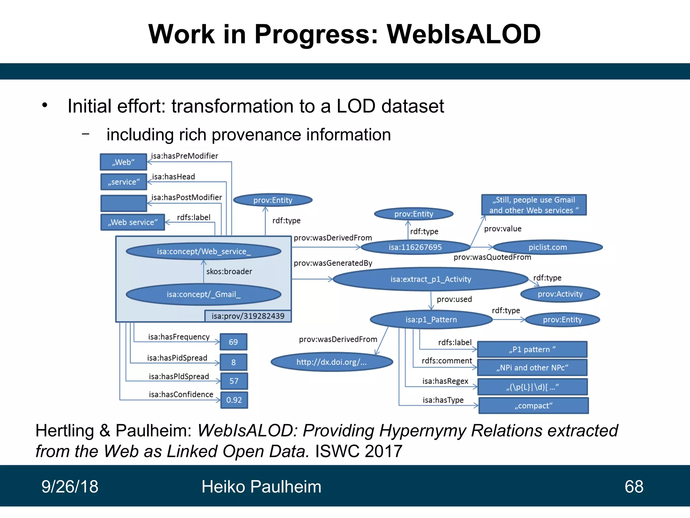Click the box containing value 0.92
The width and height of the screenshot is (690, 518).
click(x=234, y=400)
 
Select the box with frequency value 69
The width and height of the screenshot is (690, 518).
click(x=233, y=342)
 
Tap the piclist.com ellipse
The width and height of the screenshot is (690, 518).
click(x=547, y=247)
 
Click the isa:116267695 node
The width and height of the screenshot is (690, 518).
click(x=415, y=247)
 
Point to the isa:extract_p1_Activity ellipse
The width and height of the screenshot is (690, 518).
click(x=430, y=279)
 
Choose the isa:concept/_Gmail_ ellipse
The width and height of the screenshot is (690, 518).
click(x=203, y=294)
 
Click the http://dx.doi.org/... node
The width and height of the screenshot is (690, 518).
click(x=332, y=362)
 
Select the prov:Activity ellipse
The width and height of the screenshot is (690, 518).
click(x=560, y=294)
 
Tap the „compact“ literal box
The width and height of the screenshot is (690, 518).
click(x=533, y=406)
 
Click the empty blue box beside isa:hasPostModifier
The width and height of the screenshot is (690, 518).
click(x=124, y=203)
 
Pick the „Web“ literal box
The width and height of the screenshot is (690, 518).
click(x=123, y=162)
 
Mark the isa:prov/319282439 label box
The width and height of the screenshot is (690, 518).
click(x=248, y=316)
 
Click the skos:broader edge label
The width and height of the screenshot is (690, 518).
click(x=229, y=271)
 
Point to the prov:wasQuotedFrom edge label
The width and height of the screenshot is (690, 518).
click(x=492, y=257)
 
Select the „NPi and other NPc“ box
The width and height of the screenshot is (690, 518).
click(x=532, y=368)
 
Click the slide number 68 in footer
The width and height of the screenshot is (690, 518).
click(x=634, y=487)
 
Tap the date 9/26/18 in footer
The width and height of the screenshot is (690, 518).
click(x=70, y=487)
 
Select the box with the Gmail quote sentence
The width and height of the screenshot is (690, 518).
click(x=534, y=205)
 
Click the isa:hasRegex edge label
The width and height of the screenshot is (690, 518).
click(x=445, y=381)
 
